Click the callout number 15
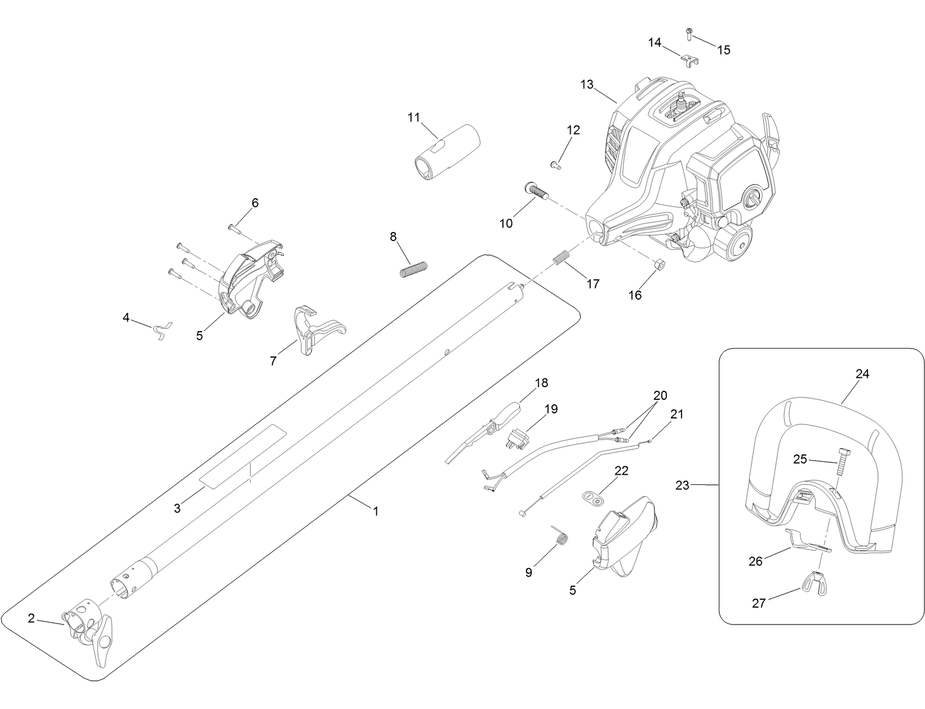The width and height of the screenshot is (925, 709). (723, 50)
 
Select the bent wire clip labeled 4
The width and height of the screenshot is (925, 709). (162, 331)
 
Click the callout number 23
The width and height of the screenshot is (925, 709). (682, 485)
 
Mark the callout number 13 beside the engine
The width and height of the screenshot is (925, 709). (586, 84)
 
